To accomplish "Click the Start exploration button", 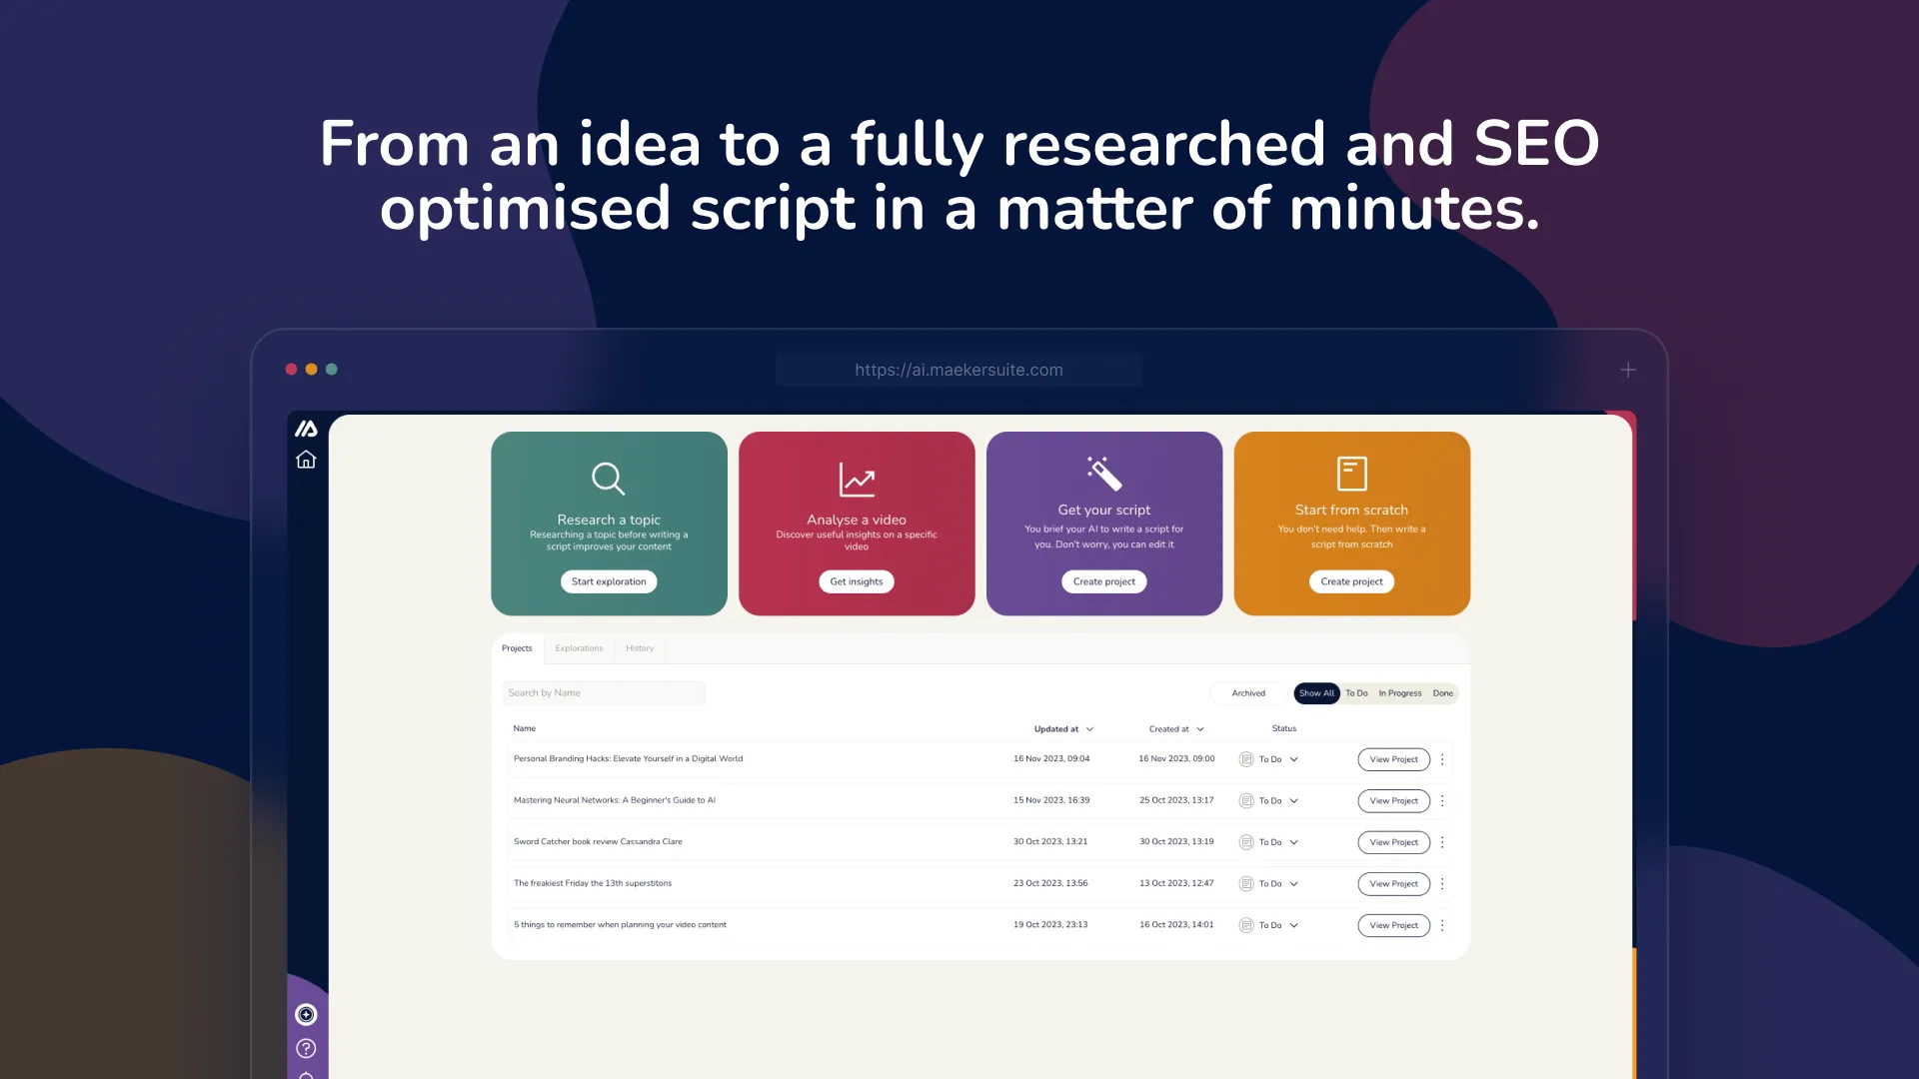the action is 609,581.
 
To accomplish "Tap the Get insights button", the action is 857,581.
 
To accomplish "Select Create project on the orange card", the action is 1351,581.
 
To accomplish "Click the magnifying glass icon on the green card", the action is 608,479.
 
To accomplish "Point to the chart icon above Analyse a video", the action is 857,480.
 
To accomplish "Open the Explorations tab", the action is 579,648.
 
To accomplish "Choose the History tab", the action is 640,648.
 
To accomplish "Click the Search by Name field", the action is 604,693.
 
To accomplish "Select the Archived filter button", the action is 1248,693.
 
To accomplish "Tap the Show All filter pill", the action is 1316,693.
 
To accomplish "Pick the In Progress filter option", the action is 1400,693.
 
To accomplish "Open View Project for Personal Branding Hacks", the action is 1393,759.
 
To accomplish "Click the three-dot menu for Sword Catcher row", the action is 1442,842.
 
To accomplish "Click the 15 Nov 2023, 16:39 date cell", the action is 1051,800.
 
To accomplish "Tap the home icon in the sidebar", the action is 306,460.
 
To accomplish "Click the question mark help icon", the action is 306,1048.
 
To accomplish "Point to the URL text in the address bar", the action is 959,370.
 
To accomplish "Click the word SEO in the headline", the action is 1536,144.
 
